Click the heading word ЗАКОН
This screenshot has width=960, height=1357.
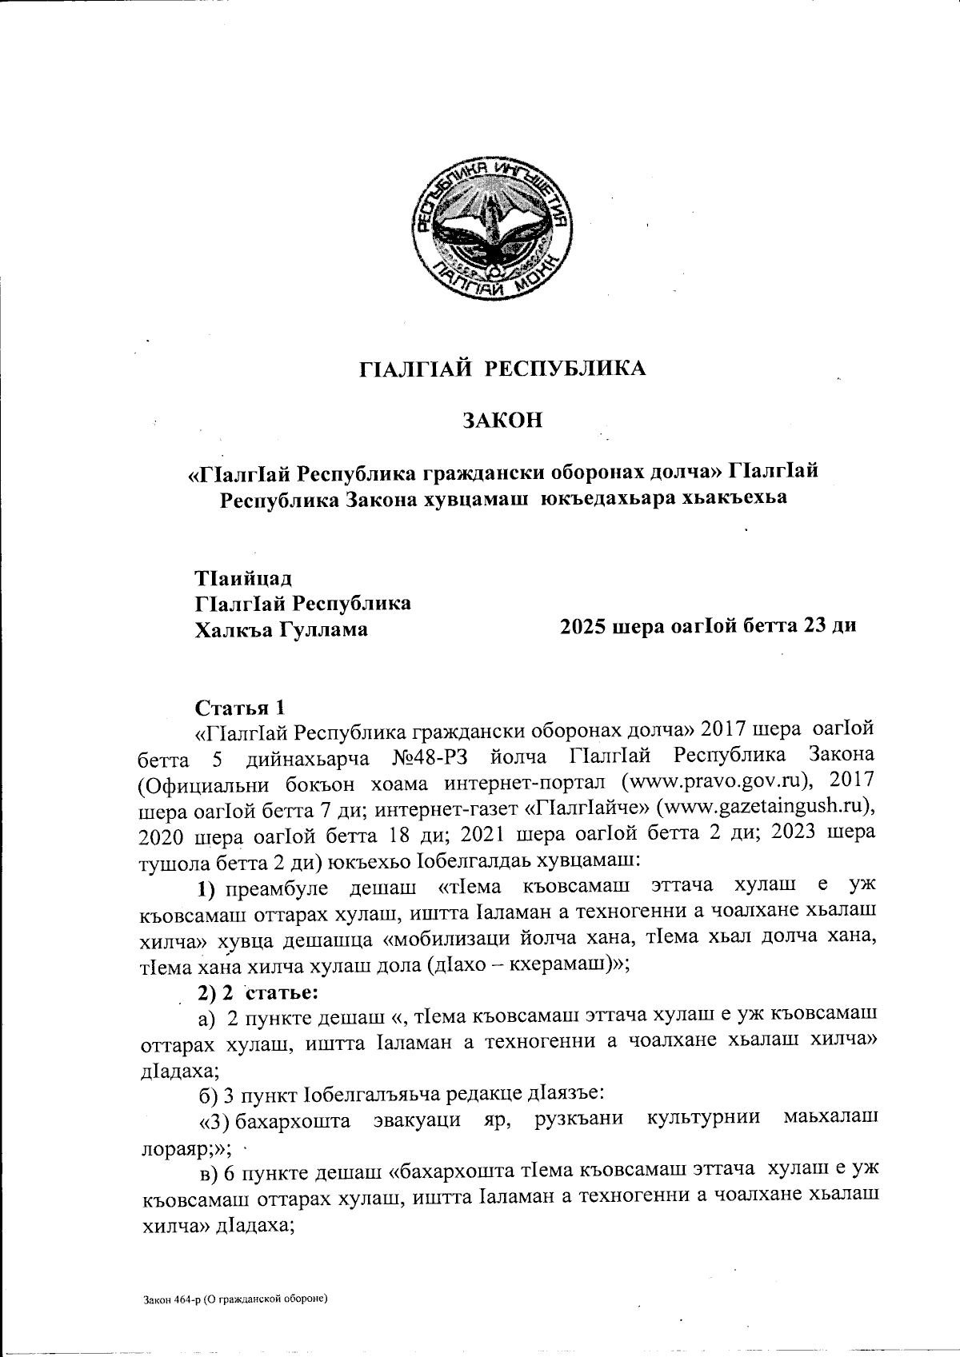pos(502,420)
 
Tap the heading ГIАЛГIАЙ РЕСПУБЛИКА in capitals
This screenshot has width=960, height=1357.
pos(502,369)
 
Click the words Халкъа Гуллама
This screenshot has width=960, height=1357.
pos(282,629)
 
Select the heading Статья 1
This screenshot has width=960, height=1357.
pos(239,708)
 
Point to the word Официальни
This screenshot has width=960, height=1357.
pos(222,780)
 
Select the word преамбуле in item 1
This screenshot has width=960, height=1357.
pos(277,886)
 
